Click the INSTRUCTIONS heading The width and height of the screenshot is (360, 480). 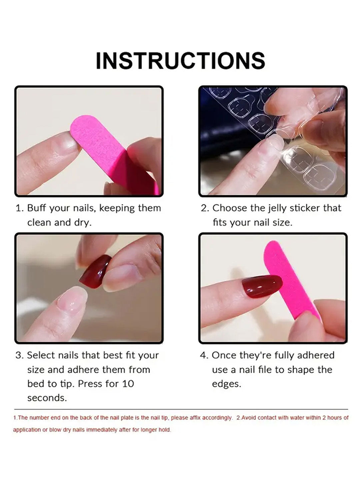180,61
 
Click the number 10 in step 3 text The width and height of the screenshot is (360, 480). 128,384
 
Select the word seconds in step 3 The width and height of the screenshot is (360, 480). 47,398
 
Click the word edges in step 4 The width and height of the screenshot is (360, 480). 226,384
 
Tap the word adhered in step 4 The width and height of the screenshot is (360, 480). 315,355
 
